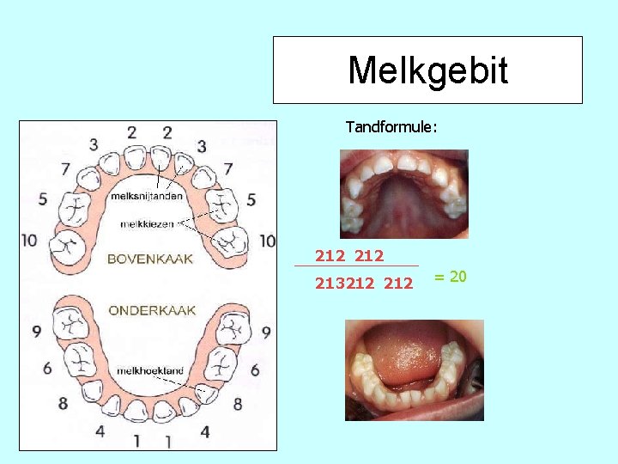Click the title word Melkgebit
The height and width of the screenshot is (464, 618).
point(427,70)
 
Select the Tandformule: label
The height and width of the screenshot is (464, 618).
point(391,127)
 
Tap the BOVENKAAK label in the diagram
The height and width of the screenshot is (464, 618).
point(149,259)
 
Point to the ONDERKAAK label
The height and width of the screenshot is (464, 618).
point(151,310)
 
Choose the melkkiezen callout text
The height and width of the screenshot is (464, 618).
point(146,223)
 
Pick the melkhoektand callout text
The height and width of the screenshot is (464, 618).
point(150,370)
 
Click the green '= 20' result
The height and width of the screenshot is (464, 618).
point(450,277)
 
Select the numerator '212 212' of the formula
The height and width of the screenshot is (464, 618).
point(349,255)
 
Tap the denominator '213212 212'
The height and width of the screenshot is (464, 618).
point(363,283)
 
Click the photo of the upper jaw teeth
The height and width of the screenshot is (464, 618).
point(403,194)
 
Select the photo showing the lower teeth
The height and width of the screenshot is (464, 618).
point(414,370)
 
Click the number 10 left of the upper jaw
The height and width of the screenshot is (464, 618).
point(29,240)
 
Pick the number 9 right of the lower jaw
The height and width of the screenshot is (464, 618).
point(265,331)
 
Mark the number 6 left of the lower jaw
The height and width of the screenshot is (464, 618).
point(47,368)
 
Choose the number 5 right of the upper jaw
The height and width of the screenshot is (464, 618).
point(251,200)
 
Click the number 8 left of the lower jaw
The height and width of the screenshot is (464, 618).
point(63,403)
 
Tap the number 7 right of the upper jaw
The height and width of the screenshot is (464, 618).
point(228,168)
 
